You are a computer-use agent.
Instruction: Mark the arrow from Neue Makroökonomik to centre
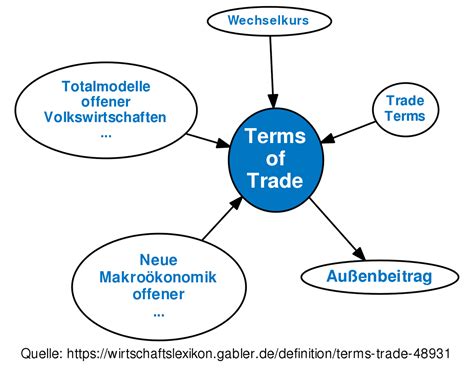click(221, 218)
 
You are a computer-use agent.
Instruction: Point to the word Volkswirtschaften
click(106, 117)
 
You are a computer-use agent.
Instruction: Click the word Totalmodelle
click(106, 85)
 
